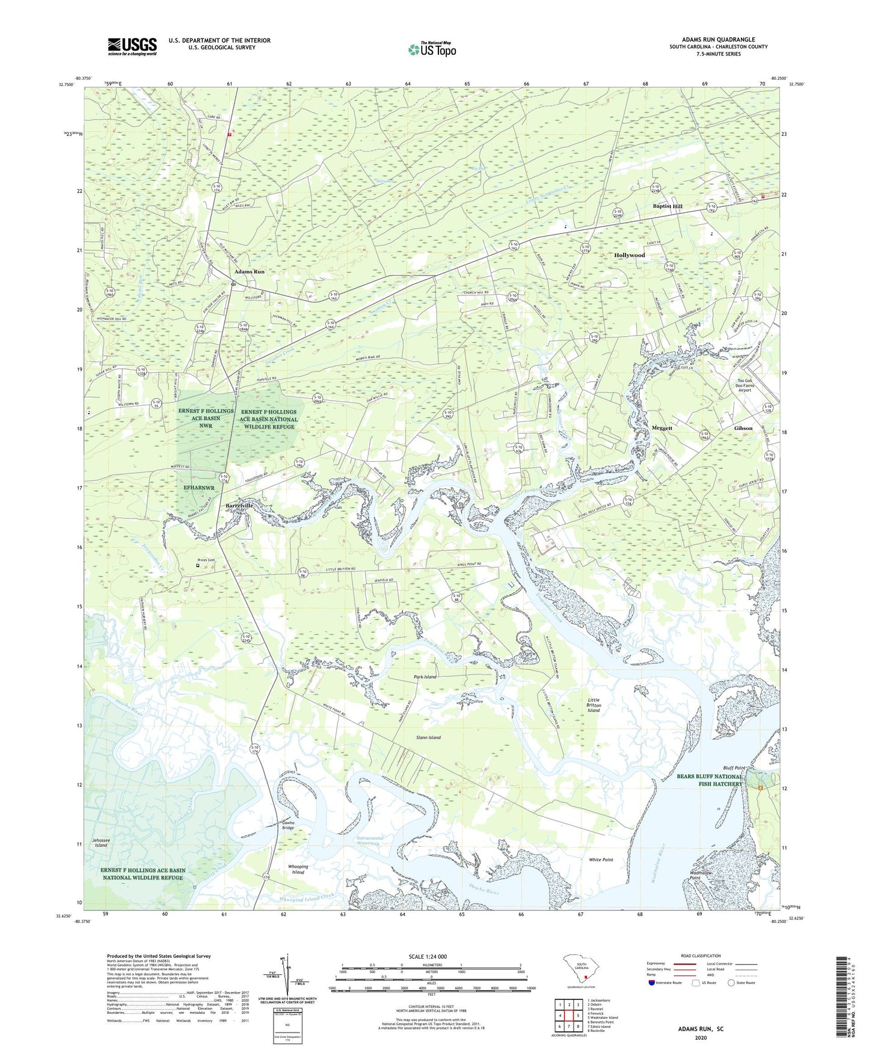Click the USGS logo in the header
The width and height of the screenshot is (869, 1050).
(x=132, y=46)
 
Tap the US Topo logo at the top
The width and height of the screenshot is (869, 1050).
(x=432, y=49)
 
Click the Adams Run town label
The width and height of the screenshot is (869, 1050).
(x=249, y=272)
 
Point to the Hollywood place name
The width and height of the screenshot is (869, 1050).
(x=629, y=256)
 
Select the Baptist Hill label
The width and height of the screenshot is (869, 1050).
(x=668, y=206)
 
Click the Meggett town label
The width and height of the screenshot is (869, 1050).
(x=662, y=428)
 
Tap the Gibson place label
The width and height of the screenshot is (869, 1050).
(x=743, y=428)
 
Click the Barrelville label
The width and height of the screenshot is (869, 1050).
(x=239, y=506)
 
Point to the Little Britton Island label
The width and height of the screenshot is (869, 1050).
(x=594, y=705)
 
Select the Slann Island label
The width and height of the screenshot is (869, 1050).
(x=428, y=737)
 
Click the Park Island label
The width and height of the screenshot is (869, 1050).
(x=425, y=677)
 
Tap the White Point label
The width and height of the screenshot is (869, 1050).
(x=601, y=860)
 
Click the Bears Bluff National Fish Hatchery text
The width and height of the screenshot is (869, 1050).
(x=709, y=780)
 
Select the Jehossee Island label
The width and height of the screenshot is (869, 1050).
(x=100, y=843)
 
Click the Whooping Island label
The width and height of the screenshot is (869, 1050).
(x=298, y=869)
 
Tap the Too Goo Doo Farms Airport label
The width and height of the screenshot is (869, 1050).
(x=745, y=385)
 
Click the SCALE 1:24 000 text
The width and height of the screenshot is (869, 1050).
(x=427, y=956)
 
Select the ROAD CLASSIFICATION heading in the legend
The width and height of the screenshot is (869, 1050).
(x=701, y=956)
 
